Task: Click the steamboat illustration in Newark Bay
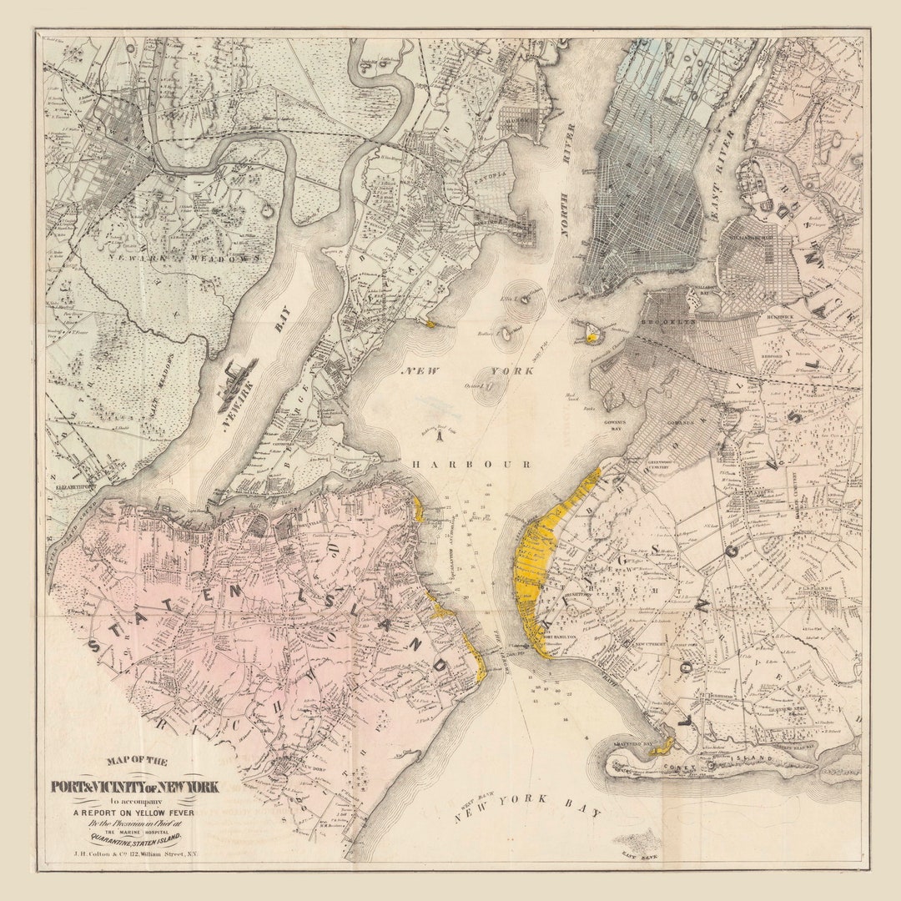[x=237, y=385]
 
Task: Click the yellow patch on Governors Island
[x=591, y=337]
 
